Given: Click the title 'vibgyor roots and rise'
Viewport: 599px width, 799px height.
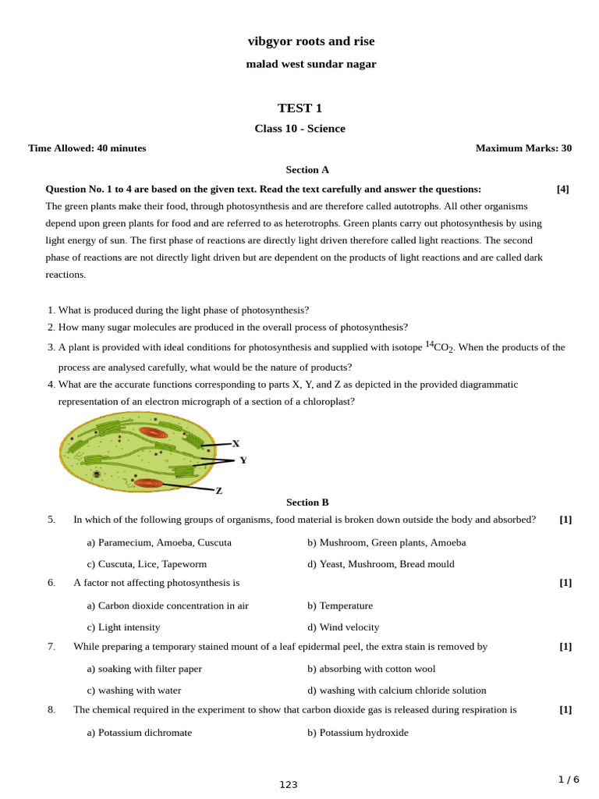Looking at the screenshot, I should click(x=310, y=41).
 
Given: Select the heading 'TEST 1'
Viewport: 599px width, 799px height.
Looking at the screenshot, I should click(x=299, y=108).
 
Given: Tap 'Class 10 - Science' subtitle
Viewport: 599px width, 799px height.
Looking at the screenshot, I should click(x=299, y=129).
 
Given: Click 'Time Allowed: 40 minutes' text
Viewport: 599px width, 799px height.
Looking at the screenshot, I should click(x=87, y=148).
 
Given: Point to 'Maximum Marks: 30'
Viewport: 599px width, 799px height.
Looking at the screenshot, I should click(x=523, y=148).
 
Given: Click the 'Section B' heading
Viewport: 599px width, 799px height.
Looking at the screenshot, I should click(x=307, y=502).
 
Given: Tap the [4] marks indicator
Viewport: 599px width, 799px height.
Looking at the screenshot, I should click(x=562, y=189).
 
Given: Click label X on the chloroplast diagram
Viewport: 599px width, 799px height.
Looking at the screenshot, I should click(x=236, y=443).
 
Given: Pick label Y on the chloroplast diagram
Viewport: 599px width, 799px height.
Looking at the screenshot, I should click(x=243, y=460).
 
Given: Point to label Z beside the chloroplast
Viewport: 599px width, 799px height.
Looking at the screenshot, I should click(x=219, y=491).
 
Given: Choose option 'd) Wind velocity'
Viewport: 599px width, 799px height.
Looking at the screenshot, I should click(x=343, y=627).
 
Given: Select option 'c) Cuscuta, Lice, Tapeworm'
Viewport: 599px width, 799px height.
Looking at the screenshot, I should click(x=147, y=563).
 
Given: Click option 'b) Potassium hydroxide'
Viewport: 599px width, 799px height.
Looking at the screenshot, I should click(x=357, y=733).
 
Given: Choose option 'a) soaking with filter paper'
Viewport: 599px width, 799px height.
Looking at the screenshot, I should click(x=144, y=669).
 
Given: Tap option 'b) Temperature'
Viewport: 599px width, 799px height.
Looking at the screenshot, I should click(x=340, y=605).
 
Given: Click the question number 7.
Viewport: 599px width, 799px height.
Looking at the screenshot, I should click(x=51, y=646).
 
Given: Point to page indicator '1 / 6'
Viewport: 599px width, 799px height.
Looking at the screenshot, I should click(x=569, y=779).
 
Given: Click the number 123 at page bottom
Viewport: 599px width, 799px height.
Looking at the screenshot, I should click(x=289, y=784).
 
